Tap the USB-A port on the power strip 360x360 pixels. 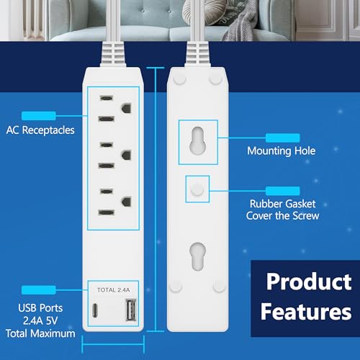[x=131, y=310]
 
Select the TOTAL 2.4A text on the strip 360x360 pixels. [x=114, y=289]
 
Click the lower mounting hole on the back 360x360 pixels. [x=195, y=256]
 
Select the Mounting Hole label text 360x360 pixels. [x=282, y=150]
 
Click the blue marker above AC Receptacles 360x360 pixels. [x=38, y=115]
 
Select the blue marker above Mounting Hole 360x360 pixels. [x=283, y=136]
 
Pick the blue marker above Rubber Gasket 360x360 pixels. [x=283, y=190]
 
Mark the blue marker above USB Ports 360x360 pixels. [x=38, y=290]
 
